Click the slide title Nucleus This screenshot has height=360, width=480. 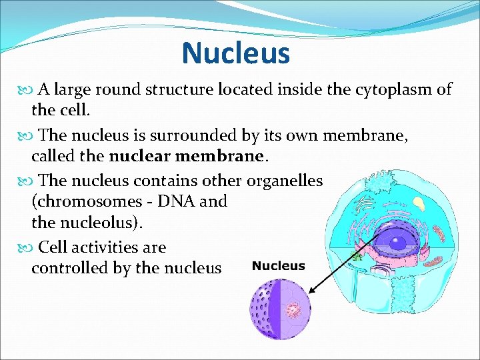click(235, 53)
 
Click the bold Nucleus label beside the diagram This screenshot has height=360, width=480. click(278, 266)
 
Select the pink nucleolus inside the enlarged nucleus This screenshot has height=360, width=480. click(292, 309)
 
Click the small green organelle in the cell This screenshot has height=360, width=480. click(357, 255)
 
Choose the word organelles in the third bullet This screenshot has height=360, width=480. click(285, 181)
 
